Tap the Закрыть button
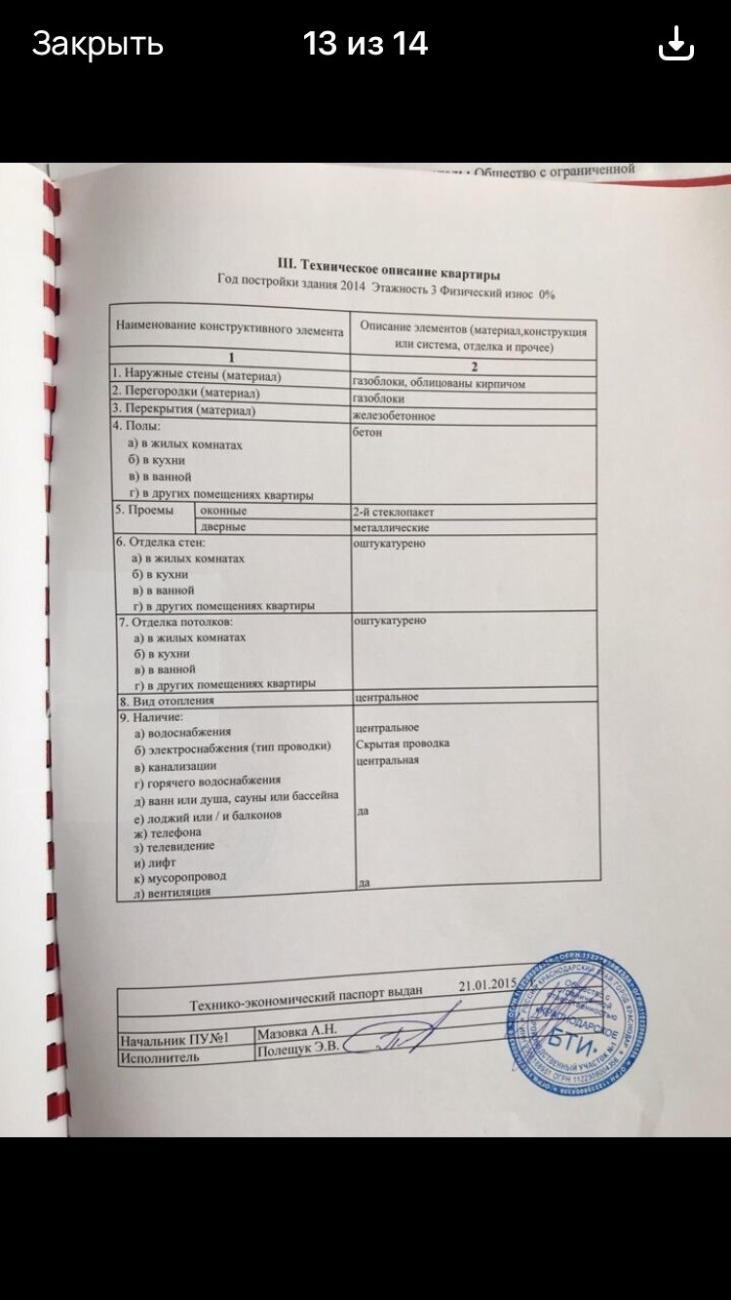tap(97, 44)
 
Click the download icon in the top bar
tap(676, 44)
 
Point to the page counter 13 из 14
tap(365, 44)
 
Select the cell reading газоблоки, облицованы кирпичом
tap(439, 384)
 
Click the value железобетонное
tap(394, 416)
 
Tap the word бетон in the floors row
tap(367, 433)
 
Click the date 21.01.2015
tap(485, 984)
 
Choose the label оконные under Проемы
tap(224, 511)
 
